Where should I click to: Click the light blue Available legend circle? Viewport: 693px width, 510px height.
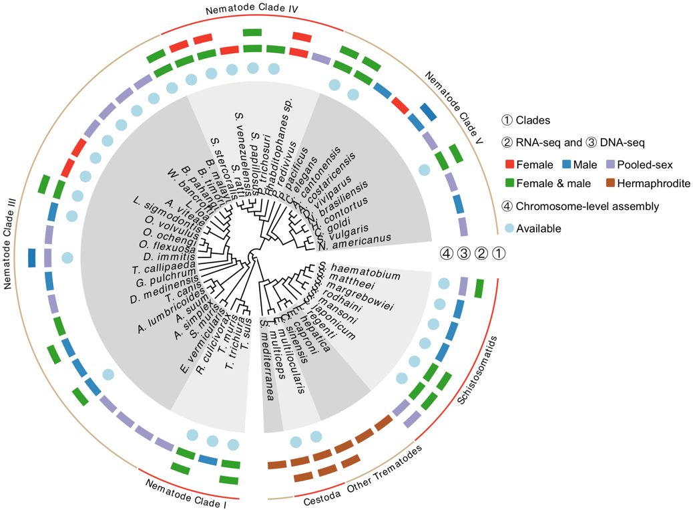(x=509, y=228)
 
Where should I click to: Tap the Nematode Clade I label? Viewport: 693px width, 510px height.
(x=186, y=492)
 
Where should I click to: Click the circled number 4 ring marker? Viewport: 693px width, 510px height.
(x=446, y=253)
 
